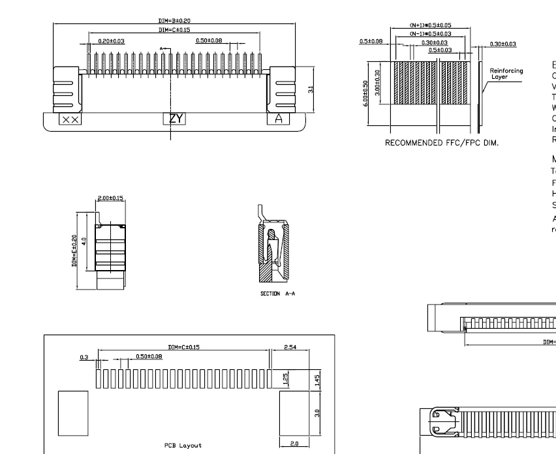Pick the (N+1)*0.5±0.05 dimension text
pyautogui.click(x=430, y=25)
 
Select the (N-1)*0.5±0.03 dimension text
pyautogui.click(x=430, y=33)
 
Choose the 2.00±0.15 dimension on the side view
pyautogui.click(x=111, y=198)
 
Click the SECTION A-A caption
pyautogui.click(x=278, y=294)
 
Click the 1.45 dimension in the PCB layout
pyautogui.click(x=318, y=380)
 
